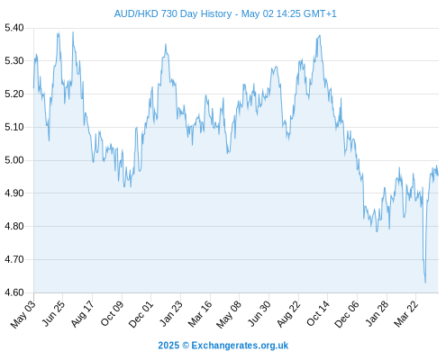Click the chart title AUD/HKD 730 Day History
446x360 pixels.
(173, 13)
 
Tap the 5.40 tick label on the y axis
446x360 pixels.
(14, 28)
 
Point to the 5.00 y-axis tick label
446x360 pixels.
(14, 160)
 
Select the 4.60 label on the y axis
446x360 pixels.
(14, 292)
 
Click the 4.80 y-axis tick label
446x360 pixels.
(14, 226)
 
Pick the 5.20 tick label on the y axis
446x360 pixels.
(14, 94)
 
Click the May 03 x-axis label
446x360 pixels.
(23, 314)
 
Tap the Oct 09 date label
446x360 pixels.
(112, 313)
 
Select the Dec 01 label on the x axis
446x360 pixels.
(141, 314)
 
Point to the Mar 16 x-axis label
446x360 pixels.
(200, 313)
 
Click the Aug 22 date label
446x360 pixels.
(288, 313)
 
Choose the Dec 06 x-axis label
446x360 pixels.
(346, 314)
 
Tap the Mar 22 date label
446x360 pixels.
(405, 313)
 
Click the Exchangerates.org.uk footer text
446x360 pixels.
(240, 346)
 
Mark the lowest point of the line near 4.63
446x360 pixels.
(425, 283)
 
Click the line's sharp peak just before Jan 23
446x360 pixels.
(166, 44)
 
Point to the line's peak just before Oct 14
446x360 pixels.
(320, 35)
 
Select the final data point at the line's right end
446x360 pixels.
(438, 175)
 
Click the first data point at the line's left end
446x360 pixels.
(33, 87)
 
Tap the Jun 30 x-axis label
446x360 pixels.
(259, 313)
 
